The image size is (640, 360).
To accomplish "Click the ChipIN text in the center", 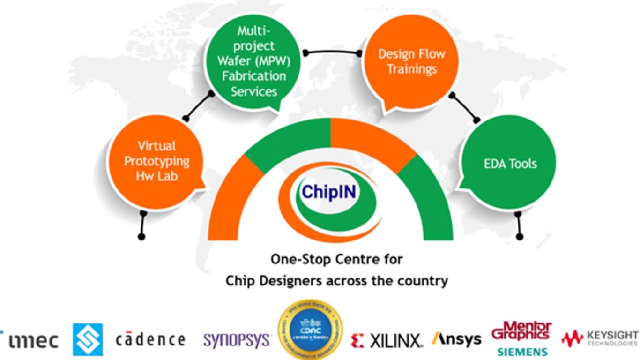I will pyautogui.click(x=329, y=192).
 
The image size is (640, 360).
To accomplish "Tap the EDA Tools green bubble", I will pyautogui.click(x=510, y=164).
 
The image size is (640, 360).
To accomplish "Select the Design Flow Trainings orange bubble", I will pyautogui.click(x=411, y=61).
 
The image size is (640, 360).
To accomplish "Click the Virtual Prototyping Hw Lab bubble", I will pyautogui.click(x=156, y=161).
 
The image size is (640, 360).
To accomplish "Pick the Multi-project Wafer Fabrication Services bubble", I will pyautogui.click(x=253, y=61).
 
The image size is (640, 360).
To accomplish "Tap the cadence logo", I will pyautogui.click(x=150, y=339).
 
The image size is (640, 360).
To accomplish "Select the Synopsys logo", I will pyautogui.click(x=237, y=340).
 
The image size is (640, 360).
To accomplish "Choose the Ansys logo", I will pyautogui.click(x=456, y=339).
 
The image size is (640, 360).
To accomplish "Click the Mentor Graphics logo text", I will pyautogui.click(x=521, y=331).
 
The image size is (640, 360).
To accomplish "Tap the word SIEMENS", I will pyautogui.click(x=522, y=352).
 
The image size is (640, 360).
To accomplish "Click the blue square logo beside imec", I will pyautogui.click(x=88, y=339).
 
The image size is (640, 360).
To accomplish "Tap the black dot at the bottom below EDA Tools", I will pyautogui.click(x=519, y=237).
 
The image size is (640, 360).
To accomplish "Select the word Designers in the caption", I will pyautogui.click(x=290, y=281).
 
